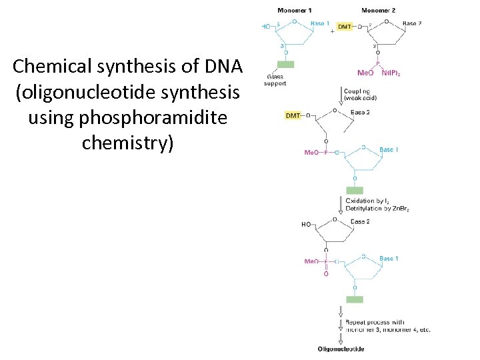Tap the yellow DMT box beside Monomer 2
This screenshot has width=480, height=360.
(x=344, y=27)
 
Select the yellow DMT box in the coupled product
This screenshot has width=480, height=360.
(x=293, y=115)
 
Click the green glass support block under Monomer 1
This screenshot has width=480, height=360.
(x=285, y=64)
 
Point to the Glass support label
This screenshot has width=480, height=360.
(x=275, y=80)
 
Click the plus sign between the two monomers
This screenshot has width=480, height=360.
(x=332, y=32)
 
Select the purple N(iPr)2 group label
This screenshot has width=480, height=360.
(x=391, y=74)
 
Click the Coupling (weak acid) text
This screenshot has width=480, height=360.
(x=361, y=94)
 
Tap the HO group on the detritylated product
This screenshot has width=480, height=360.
(x=306, y=225)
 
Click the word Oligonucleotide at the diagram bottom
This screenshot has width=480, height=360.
(x=341, y=349)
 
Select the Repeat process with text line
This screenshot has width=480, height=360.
(x=375, y=323)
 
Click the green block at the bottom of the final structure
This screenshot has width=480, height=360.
(x=355, y=299)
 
